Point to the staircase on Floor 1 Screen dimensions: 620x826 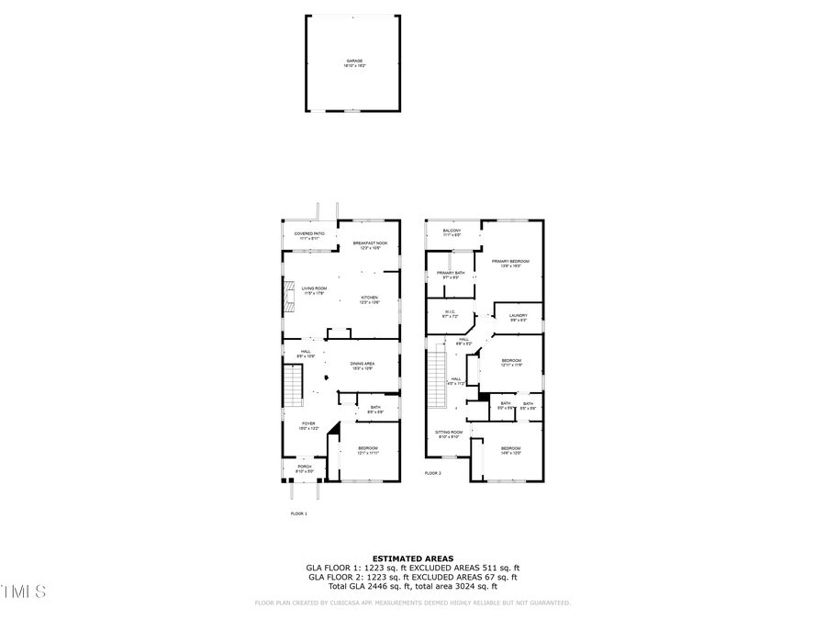293,386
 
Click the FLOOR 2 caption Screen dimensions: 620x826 432,473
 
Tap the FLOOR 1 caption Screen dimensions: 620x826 299,513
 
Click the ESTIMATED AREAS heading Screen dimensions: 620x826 413,558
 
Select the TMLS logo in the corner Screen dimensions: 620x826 23,591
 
